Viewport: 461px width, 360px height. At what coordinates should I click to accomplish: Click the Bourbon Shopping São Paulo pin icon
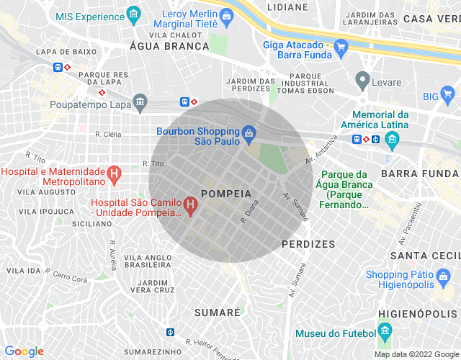click(x=249, y=132)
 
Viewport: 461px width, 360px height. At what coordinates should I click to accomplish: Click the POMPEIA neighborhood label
click(x=226, y=194)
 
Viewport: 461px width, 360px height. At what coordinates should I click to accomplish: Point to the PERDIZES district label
click(x=308, y=244)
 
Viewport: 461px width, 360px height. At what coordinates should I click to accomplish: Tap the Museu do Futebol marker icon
click(x=385, y=333)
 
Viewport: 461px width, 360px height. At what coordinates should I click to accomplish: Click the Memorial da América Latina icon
click(x=392, y=138)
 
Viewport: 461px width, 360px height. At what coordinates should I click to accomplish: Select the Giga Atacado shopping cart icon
click(x=341, y=47)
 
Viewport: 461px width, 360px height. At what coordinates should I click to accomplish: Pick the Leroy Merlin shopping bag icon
click(x=227, y=14)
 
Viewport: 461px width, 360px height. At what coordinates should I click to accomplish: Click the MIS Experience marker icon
click(x=133, y=14)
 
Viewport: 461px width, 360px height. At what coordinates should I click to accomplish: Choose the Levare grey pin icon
click(x=362, y=79)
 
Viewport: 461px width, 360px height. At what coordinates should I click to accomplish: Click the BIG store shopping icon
click(x=448, y=95)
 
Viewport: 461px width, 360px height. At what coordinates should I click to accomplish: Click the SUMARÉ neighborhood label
click(x=217, y=312)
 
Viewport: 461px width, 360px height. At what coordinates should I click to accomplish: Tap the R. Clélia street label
click(x=108, y=134)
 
